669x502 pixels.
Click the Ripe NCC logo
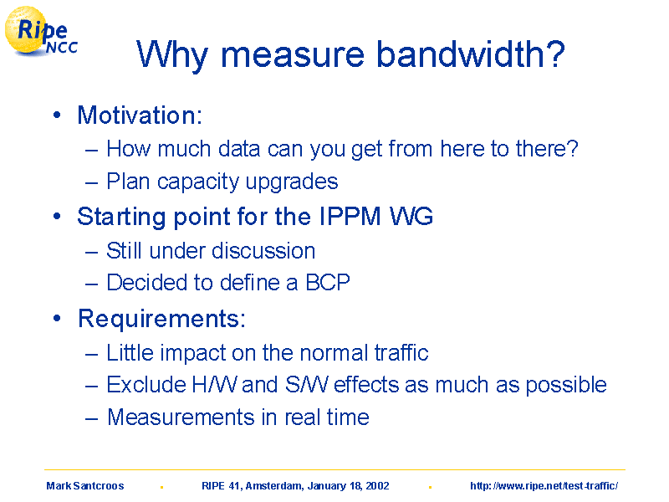coord(41,32)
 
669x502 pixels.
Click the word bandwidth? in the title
coord(471,54)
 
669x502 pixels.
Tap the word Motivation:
coord(140,115)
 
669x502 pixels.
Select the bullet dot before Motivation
coord(57,115)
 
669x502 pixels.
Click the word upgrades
coord(292,182)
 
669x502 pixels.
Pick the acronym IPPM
coord(350,216)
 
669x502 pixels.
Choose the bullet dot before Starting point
coord(57,216)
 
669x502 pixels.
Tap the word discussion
coord(263,250)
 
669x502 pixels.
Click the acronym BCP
coord(328,282)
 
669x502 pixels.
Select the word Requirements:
coord(161,319)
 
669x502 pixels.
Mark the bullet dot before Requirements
coord(57,318)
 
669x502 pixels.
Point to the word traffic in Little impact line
coord(401,352)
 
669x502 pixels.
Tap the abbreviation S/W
coord(307,384)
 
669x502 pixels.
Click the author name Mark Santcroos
coord(85,486)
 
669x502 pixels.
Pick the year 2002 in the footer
coord(378,486)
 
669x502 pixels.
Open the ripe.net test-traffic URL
coord(544,486)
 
